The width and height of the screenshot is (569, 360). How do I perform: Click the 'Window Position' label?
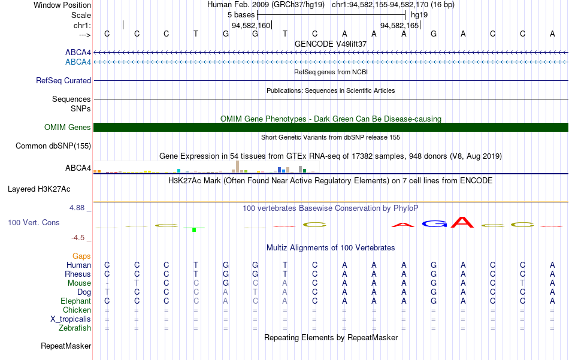click(x=62, y=5)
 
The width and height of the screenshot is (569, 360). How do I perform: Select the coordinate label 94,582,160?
click(x=251, y=25)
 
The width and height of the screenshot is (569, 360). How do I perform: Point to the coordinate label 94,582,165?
click(x=399, y=25)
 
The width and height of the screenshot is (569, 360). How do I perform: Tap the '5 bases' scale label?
click(x=241, y=15)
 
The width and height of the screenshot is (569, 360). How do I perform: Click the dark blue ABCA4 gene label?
click(x=78, y=53)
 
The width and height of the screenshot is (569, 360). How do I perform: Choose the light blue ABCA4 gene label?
click(x=78, y=62)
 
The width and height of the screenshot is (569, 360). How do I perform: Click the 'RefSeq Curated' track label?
click(x=63, y=80)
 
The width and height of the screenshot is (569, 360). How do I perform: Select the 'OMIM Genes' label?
click(x=68, y=128)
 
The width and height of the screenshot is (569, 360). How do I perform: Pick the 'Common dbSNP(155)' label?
click(x=53, y=146)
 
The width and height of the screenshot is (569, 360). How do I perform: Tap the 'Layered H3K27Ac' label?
click(x=39, y=189)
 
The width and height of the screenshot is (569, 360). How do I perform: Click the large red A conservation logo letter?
click(x=462, y=222)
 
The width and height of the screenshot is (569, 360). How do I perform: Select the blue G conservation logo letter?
click(x=434, y=224)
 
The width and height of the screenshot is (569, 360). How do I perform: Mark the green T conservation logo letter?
click(x=194, y=229)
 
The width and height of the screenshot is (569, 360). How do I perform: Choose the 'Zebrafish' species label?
click(x=75, y=328)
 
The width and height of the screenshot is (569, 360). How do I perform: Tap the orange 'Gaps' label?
click(x=81, y=256)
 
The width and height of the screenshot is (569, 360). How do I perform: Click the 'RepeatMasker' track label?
click(x=66, y=346)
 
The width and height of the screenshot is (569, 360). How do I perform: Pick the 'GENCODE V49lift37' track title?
click(x=331, y=44)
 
